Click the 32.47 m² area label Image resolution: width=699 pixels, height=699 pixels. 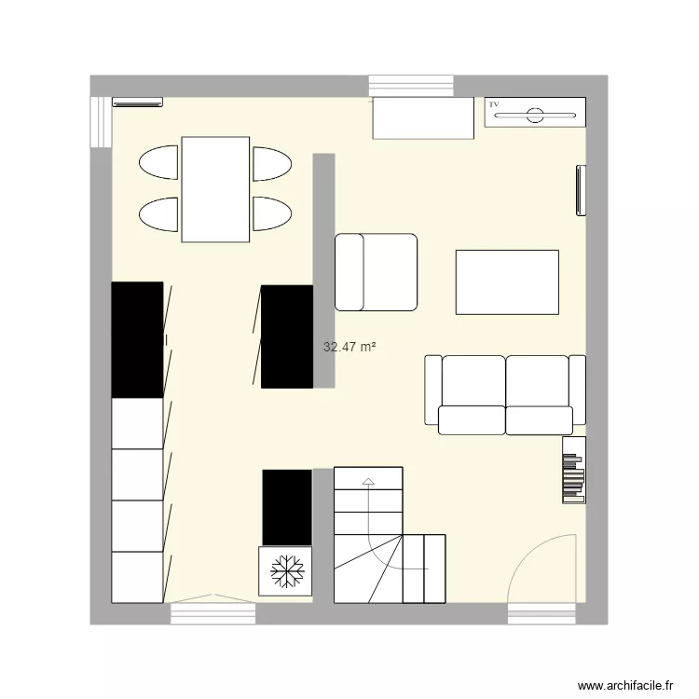(x=349, y=348)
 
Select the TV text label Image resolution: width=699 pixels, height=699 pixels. (x=494, y=104)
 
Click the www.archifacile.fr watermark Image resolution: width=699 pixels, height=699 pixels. (x=625, y=683)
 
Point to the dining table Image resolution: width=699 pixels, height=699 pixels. (x=215, y=189)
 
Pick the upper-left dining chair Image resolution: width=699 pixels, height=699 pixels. (x=158, y=162)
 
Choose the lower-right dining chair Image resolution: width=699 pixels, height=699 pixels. (x=272, y=213)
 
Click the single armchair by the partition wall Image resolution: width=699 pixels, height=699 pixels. (x=376, y=271)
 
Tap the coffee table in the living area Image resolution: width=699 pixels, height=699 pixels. (x=507, y=281)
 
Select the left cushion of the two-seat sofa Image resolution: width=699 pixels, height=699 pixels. (x=473, y=382)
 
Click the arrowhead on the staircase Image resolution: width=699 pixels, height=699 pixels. (x=368, y=482)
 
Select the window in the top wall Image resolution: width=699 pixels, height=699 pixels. (x=411, y=85)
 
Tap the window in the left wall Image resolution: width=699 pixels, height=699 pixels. (x=100, y=121)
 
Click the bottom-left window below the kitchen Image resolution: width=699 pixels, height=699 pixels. (x=213, y=613)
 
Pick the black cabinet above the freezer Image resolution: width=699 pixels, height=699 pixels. (x=286, y=507)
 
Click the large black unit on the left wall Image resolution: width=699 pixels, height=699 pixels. (x=137, y=339)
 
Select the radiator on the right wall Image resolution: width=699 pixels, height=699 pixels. (x=582, y=190)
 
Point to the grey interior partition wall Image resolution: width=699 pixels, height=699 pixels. (x=323, y=270)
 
